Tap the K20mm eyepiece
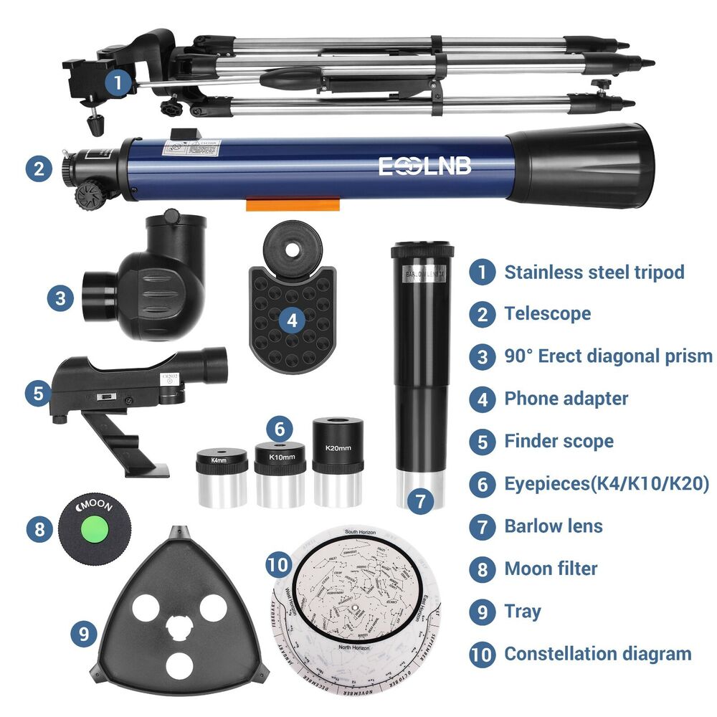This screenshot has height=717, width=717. [338, 459]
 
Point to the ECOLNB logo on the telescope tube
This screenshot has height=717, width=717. [425, 166]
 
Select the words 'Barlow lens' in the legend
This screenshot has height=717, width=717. [554, 526]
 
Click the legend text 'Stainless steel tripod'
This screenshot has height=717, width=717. [594, 272]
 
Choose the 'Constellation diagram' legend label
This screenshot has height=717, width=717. [597, 653]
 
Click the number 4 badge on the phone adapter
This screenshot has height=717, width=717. [291, 320]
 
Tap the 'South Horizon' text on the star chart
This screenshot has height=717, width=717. [361, 532]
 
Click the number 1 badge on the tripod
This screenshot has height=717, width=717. [118, 82]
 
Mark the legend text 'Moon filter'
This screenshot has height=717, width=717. [551, 569]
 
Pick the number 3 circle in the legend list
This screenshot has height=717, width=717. [483, 356]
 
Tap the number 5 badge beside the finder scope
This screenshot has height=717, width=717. [38, 392]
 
